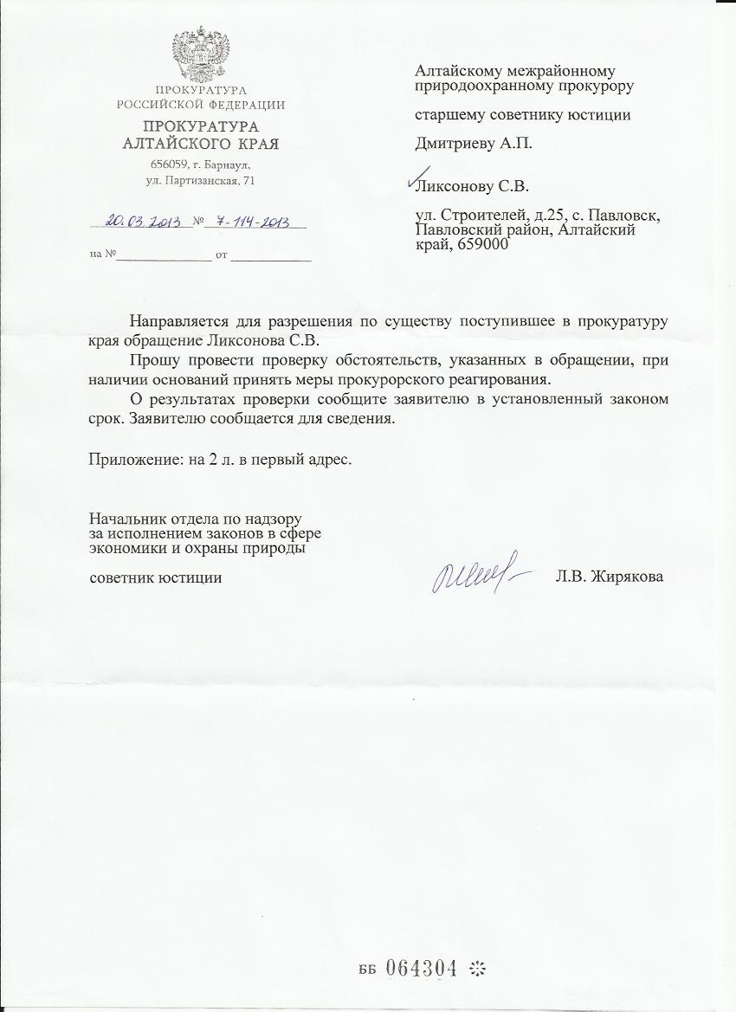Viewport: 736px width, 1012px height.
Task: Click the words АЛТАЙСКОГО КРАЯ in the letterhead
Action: coord(200,144)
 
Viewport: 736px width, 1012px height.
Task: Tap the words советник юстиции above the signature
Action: coord(156,577)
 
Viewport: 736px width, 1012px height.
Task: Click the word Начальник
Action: coord(126,519)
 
